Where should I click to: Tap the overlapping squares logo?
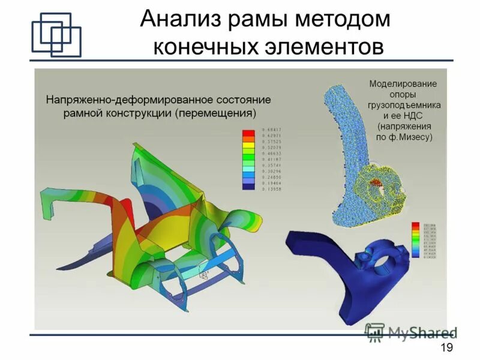tap(56, 35)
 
